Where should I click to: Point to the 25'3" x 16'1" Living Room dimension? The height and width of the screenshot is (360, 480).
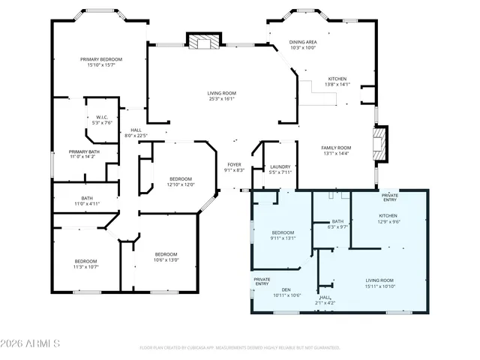click(x=221, y=98)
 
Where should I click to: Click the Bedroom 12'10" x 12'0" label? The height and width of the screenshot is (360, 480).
click(x=181, y=181)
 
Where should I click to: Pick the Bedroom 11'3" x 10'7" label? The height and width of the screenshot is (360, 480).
click(x=85, y=264)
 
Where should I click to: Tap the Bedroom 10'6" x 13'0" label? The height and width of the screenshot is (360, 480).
click(x=165, y=256)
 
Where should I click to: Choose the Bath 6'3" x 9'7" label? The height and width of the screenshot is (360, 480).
click(x=337, y=223)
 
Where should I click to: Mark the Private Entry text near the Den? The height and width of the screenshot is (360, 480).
click(x=262, y=281)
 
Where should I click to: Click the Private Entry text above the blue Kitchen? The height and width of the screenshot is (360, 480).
click(x=390, y=197)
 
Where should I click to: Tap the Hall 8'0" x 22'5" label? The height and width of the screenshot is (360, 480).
click(x=135, y=133)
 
